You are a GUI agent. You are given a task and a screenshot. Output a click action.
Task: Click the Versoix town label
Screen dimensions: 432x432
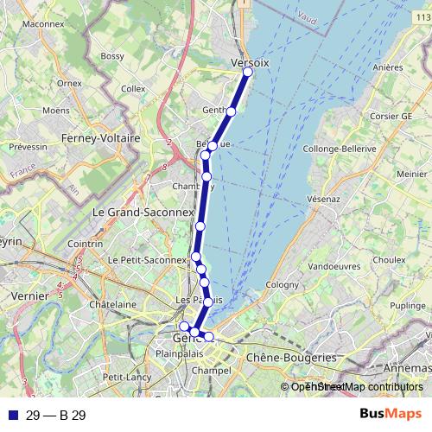tap(251, 63)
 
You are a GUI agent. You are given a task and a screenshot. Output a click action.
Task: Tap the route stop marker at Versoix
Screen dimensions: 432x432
tap(247, 72)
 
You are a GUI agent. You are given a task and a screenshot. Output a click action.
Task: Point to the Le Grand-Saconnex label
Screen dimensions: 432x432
tap(134, 211)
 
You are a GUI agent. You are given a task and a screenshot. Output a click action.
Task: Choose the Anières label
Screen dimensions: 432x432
tap(387, 67)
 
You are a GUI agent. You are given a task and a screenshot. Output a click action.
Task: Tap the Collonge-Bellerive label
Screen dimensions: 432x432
tap(344, 148)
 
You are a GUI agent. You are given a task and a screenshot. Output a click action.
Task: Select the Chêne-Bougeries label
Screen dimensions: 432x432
tap(291, 357)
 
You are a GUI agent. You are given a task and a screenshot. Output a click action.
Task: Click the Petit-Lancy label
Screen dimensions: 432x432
tap(125, 378)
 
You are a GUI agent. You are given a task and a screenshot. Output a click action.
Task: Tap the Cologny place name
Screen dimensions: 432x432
tap(282, 284)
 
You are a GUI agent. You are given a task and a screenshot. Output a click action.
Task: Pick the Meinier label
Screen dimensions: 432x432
tap(410, 174)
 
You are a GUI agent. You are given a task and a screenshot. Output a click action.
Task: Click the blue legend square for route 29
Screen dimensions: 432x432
tap(11, 416)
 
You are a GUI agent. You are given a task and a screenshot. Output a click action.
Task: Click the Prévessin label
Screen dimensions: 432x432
tap(28, 148)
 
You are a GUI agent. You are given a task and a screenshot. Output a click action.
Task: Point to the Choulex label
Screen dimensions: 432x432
tap(389, 258)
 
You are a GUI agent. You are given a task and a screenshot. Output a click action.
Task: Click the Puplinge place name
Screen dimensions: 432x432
tap(407, 306)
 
